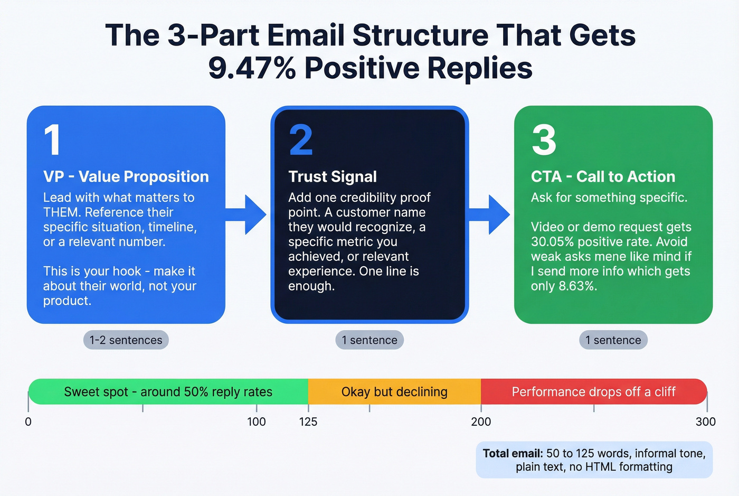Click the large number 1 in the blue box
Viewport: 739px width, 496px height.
(52, 140)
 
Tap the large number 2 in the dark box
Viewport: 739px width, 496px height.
(301, 140)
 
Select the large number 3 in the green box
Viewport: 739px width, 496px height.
(544, 140)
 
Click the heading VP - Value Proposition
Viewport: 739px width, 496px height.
(126, 176)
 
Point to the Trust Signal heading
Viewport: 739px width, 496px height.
(333, 176)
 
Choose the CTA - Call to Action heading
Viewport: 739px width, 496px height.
(603, 176)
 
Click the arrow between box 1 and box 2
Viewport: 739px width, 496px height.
(248, 214)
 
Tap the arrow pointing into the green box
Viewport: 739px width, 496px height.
(491, 214)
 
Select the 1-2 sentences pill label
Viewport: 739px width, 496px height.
(126, 340)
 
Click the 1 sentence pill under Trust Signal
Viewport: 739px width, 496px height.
(369, 340)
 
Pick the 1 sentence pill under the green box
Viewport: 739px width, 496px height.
(613, 340)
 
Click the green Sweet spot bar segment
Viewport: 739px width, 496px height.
(168, 392)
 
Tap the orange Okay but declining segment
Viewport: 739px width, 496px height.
(394, 392)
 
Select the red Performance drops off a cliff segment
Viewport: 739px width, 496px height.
(593, 392)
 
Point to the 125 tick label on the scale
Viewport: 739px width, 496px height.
(308, 422)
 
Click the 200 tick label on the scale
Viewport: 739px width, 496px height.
(481, 422)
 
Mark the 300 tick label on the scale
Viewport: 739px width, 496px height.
(705, 422)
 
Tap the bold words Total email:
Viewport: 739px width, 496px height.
(513, 453)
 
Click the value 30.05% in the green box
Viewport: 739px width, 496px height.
(552, 242)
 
